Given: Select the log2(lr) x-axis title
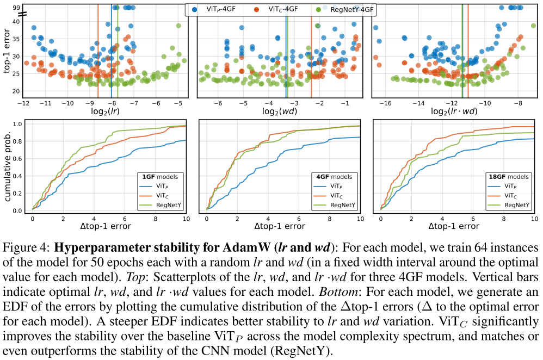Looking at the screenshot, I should [x=105, y=111].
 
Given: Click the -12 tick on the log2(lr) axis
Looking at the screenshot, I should [x=23, y=102].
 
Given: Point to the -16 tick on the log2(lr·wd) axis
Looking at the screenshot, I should [x=385, y=102].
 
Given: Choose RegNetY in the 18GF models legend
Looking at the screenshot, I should [x=515, y=204].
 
